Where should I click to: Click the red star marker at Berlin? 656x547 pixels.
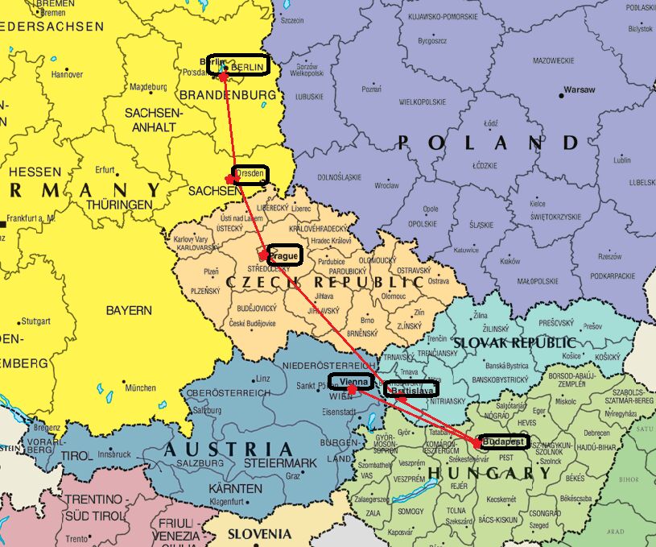click(x=224, y=76)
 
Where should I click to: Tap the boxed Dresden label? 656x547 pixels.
click(x=250, y=174)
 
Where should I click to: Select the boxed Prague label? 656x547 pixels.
click(x=283, y=256)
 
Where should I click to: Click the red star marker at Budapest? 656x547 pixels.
click(x=477, y=443)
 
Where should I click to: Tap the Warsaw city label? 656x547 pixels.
click(x=580, y=89)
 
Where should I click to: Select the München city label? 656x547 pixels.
click(x=140, y=387)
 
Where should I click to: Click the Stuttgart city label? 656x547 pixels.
click(x=35, y=320)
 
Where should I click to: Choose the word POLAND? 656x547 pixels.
click(x=488, y=143)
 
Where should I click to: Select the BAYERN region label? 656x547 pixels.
click(x=129, y=310)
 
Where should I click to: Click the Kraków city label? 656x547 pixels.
click(x=510, y=261)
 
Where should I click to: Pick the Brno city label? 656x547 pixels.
click(x=368, y=319)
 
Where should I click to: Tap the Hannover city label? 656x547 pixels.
click(x=67, y=74)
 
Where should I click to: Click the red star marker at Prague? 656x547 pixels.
click(x=264, y=255)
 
